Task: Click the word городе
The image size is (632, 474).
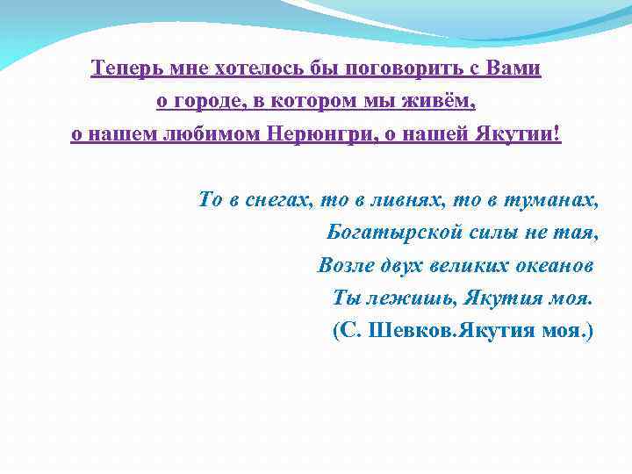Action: point(206,102)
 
